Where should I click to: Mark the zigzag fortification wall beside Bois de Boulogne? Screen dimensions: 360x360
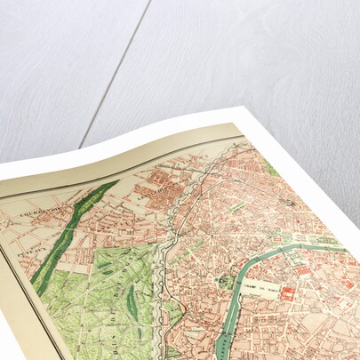pos(165,267)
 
